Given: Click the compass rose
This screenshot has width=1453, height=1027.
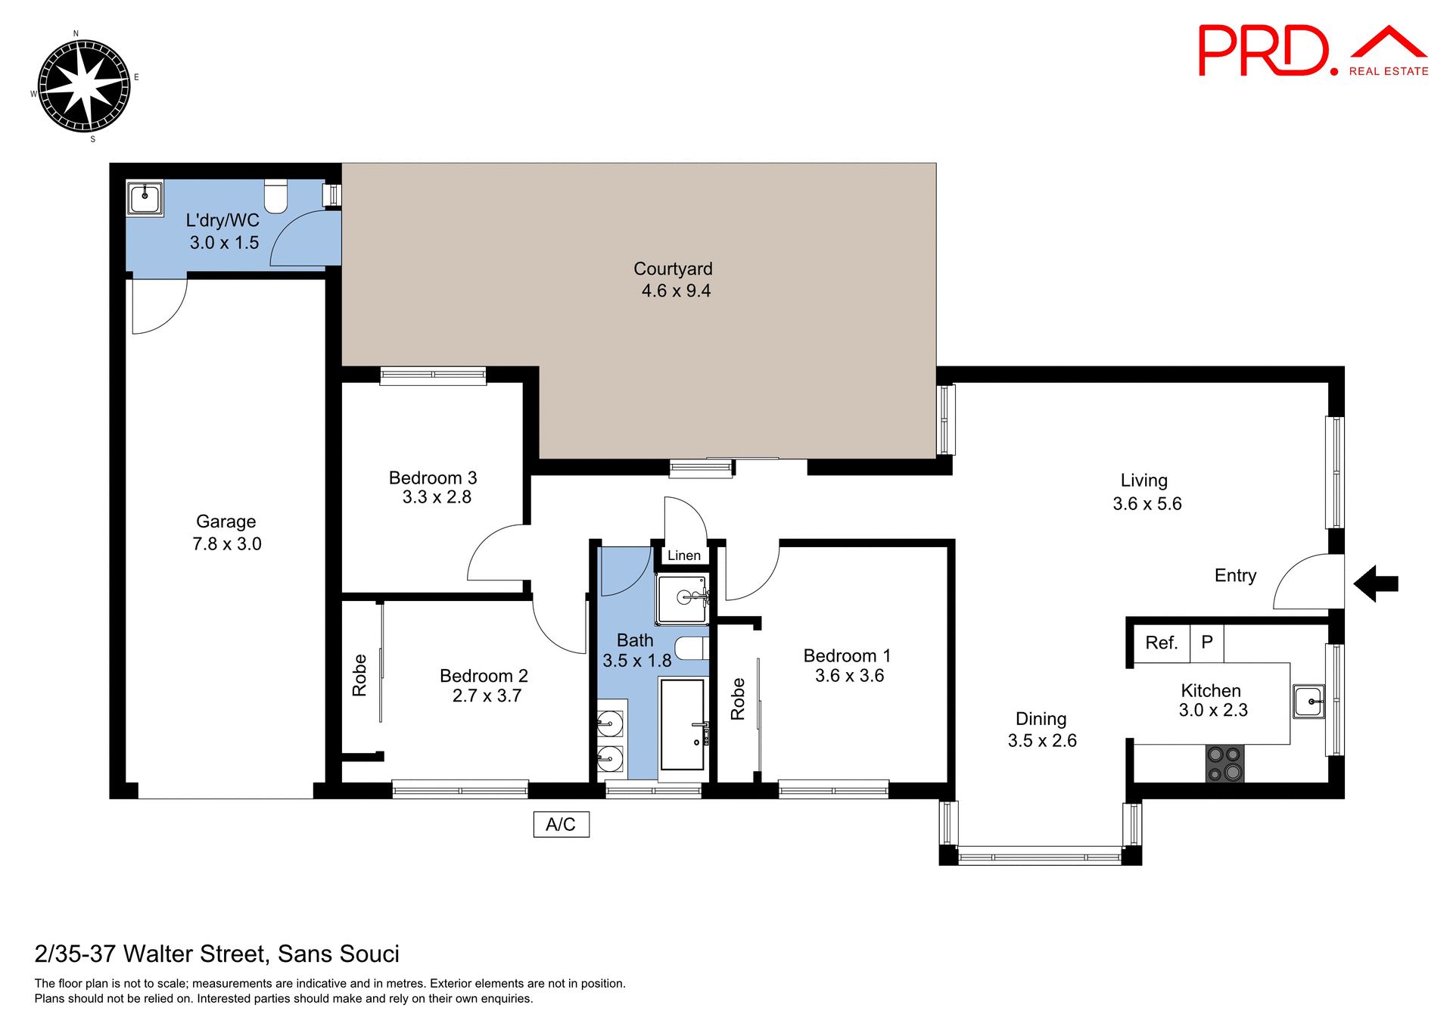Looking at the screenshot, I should (83, 86).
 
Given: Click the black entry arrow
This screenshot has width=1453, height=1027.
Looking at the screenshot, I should (1375, 584).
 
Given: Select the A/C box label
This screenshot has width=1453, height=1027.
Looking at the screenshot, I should (561, 824).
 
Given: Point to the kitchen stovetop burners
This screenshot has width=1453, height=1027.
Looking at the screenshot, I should (1224, 763).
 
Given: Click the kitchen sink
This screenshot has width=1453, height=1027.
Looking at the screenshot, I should (1308, 702).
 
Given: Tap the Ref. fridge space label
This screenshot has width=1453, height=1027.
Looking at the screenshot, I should (1161, 643).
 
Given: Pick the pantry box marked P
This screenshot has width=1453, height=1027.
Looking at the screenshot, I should (1207, 642).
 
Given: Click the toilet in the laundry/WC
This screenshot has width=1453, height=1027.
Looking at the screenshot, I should (276, 196).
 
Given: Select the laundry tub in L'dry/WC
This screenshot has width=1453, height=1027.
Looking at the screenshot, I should (144, 198).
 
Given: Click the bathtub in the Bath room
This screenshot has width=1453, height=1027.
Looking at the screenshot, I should (682, 724).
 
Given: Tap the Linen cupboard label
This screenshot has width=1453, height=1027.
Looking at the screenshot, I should (684, 556).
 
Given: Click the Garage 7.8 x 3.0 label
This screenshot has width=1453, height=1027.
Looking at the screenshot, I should (226, 532).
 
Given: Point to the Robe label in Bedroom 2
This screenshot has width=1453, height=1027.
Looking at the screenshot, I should (359, 675).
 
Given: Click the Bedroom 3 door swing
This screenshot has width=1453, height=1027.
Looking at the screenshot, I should (496, 555).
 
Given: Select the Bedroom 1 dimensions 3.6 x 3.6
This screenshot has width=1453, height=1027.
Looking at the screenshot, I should (849, 676).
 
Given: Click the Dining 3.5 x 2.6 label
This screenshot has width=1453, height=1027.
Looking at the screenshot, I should (1041, 730).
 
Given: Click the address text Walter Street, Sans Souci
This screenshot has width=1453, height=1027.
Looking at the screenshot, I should (216, 954).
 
